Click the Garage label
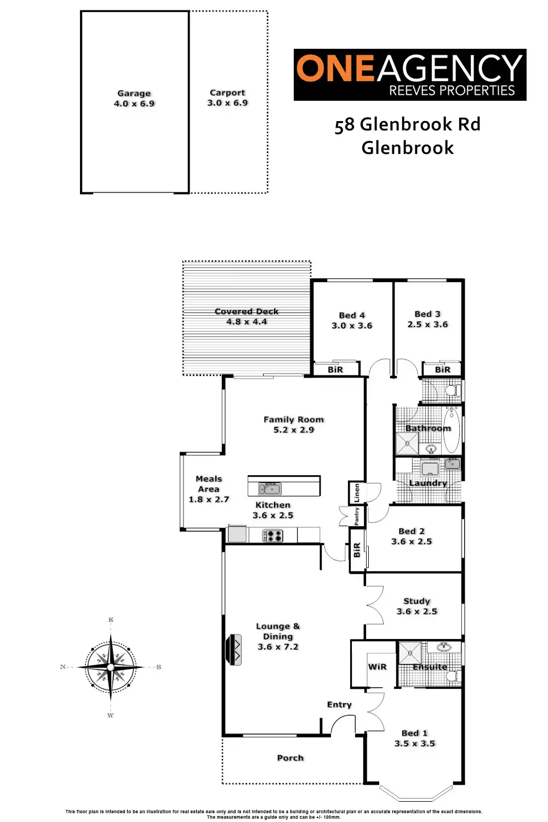tap(134, 93)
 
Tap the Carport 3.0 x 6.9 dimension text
tap(227, 102)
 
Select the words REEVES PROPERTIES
tap(452, 90)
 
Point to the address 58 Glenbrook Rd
tap(407, 125)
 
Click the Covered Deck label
tap(247, 311)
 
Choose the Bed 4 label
tap(352, 315)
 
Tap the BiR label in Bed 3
tap(442, 369)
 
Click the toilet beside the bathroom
tap(452, 391)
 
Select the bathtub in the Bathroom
tap(452, 429)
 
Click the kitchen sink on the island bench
tap(270, 488)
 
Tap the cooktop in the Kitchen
tap(272, 536)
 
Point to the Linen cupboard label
tap(357, 492)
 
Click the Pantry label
tap(357, 516)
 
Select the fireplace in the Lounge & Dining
tap(235, 650)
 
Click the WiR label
tap(377, 666)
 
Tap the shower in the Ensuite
tap(409, 653)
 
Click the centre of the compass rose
tap(111, 667)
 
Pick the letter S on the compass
tap(159, 667)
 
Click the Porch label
tap(290, 758)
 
